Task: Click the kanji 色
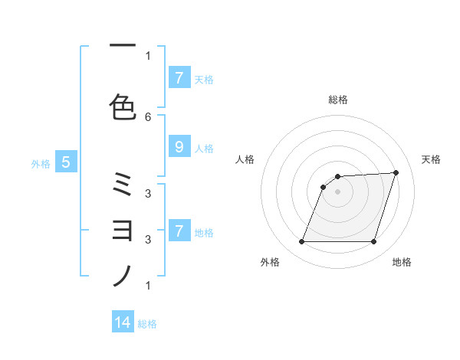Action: click(123, 106)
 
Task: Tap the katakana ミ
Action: click(123, 185)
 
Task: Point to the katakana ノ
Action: click(123, 275)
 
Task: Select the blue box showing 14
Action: click(123, 322)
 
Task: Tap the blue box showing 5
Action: click(66, 162)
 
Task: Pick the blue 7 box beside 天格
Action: click(179, 77)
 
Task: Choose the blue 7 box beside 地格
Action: click(179, 231)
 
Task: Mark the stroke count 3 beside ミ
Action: click(148, 193)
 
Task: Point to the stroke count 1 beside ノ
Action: click(148, 286)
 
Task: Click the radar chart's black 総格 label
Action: click(338, 100)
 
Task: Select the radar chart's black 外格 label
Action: click(270, 262)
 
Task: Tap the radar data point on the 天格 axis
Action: click(396, 172)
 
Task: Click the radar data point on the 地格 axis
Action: click(373, 242)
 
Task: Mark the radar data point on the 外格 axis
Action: click(302, 242)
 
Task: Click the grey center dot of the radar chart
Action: click(338, 191)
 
